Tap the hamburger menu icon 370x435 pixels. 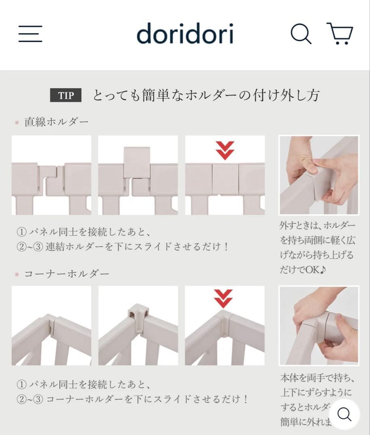[x=30, y=34]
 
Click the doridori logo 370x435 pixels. [x=185, y=34]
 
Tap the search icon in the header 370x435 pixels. [x=301, y=34]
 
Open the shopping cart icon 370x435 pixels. [x=340, y=34]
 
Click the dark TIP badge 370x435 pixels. [x=66, y=96]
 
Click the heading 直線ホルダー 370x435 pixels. [x=56, y=122]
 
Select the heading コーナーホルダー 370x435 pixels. [x=67, y=274]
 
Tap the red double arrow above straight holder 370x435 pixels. [x=225, y=150]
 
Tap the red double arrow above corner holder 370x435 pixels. [x=223, y=298]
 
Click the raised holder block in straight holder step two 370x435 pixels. [x=137, y=162]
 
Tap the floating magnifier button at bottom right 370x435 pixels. [x=344, y=414]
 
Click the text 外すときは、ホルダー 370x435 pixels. [x=318, y=226]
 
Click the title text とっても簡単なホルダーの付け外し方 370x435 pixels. [x=206, y=96]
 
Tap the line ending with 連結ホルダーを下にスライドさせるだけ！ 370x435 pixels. [x=123, y=246]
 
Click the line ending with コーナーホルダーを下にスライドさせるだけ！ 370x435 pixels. [x=132, y=399]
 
